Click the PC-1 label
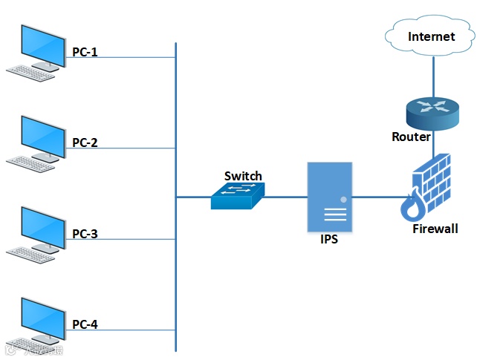point(84,52)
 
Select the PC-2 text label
point(84,143)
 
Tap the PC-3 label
point(84,234)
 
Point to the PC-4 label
point(84,324)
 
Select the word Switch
point(243,176)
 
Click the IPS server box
point(329,197)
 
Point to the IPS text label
point(329,240)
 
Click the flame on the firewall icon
point(412,208)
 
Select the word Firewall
point(435,229)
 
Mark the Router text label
point(411,137)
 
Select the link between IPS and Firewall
point(375,197)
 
